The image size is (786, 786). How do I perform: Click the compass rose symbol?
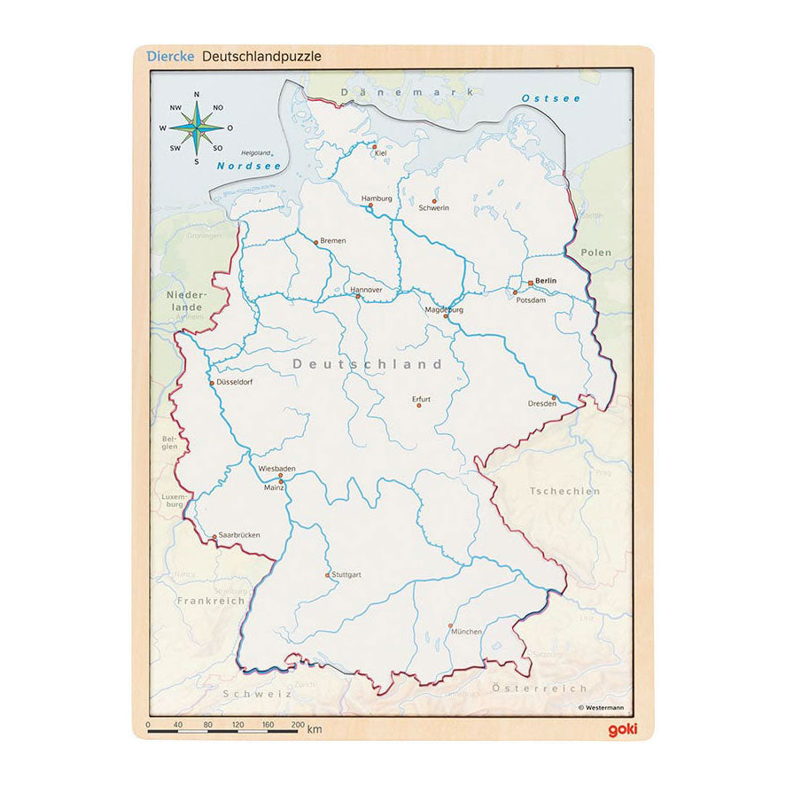coord(196,128)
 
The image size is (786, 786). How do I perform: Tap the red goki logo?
coord(623,728)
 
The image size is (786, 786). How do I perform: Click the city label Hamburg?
coord(377,198)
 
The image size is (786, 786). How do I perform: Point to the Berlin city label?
coord(546,281)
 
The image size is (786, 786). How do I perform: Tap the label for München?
coord(466,632)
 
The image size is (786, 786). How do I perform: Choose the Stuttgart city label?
coord(346,574)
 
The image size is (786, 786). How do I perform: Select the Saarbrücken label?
coord(239,535)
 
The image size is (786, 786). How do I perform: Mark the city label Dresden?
coord(542,403)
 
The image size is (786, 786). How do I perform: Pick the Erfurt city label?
coord(421,399)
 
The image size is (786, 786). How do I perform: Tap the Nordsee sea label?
coord(237,166)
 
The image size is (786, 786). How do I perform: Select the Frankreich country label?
coord(210,600)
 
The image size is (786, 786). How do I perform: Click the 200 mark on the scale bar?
coord(297,725)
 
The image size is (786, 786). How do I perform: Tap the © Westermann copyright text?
coord(603,707)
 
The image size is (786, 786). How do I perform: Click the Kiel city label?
coord(382,153)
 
